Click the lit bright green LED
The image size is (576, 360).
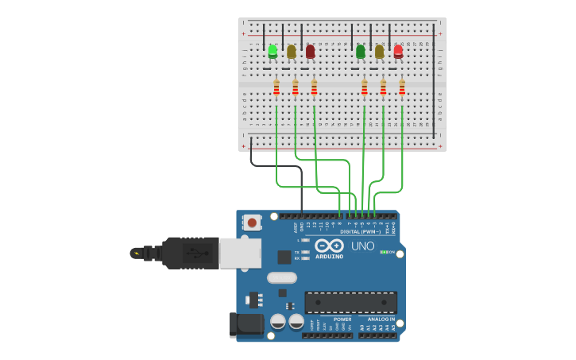pyautogui.click(x=273, y=52)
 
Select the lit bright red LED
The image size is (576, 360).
pyautogui.click(x=398, y=52)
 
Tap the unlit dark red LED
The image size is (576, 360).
pyautogui.click(x=310, y=52)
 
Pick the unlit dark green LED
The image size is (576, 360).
pyautogui.click(x=361, y=52)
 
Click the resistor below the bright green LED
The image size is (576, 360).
pyautogui.click(x=276, y=87)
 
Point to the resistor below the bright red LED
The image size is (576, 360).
pyautogui.click(x=402, y=87)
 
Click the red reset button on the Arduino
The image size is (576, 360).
pyautogui.click(x=252, y=223)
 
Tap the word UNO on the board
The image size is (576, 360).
pyautogui.click(x=363, y=246)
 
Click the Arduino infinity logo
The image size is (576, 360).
pyautogui.click(x=329, y=246)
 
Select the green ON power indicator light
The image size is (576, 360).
pyautogui.click(x=384, y=252)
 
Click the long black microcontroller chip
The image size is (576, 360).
pyautogui.click(x=350, y=302)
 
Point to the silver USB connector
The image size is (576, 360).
pyautogui.click(x=240, y=253)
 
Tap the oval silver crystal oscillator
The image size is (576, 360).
pyautogui.click(x=282, y=277)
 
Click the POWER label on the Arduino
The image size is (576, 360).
pyautogui.click(x=342, y=319)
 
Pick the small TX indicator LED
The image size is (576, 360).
pyautogui.click(x=305, y=251)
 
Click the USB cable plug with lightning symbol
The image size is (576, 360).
pyautogui.click(x=140, y=254)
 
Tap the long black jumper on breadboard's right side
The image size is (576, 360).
pyautogui.click(x=434, y=79)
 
